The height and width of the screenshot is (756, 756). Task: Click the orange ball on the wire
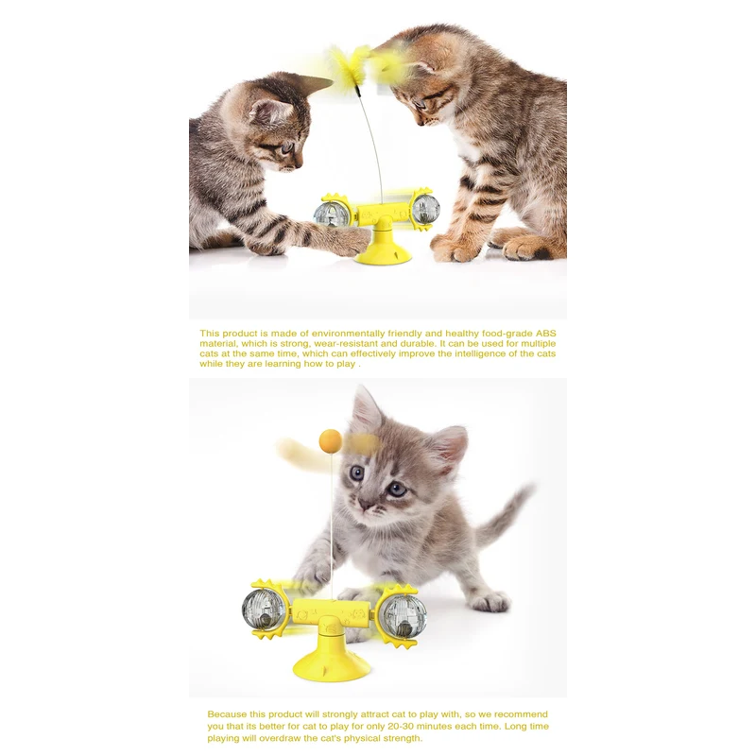coord(331,439)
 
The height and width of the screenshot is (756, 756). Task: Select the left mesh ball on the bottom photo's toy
coord(263,610)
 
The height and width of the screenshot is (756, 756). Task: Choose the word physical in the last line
coord(378,738)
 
